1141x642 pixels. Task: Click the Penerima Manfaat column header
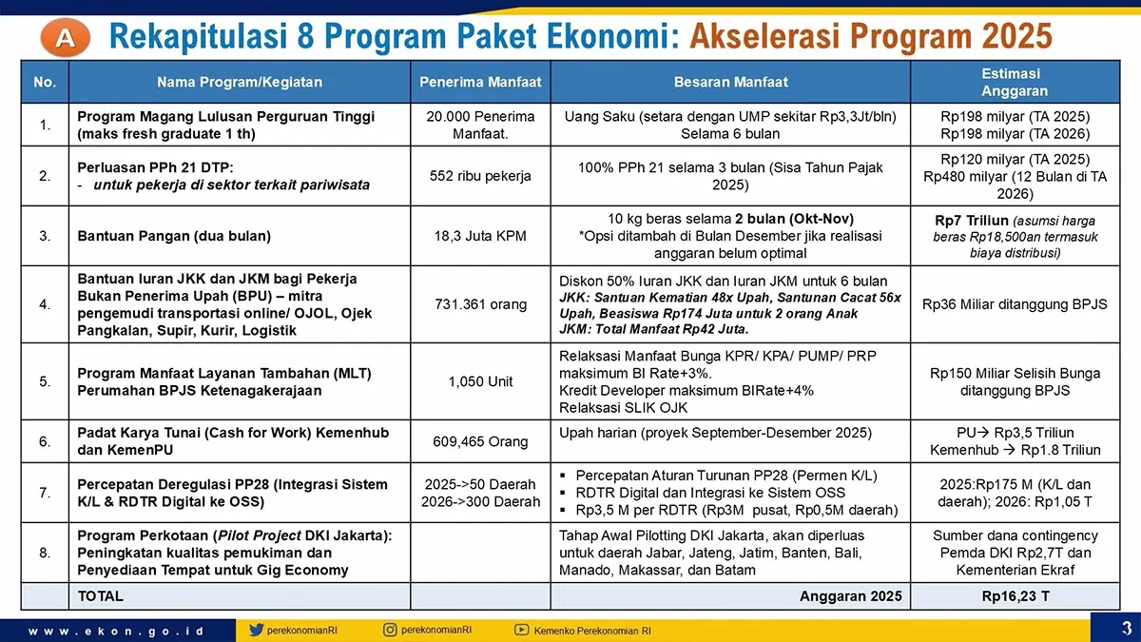click(480, 83)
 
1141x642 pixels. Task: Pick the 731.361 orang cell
click(480, 304)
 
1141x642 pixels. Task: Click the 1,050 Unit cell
click(480, 381)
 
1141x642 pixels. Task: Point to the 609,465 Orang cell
click(480, 441)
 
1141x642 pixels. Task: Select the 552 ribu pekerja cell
click(480, 176)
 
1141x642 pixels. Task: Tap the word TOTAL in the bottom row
click(100, 596)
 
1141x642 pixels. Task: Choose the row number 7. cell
click(45, 492)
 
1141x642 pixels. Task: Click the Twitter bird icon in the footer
click(257, 630)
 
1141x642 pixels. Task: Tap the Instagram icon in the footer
click(391, 630)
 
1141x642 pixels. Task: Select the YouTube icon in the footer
click(521, 630)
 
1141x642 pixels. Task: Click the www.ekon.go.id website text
click(115, 631)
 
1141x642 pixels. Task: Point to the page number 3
click(1126, 628)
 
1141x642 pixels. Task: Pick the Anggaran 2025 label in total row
click(850, 596)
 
